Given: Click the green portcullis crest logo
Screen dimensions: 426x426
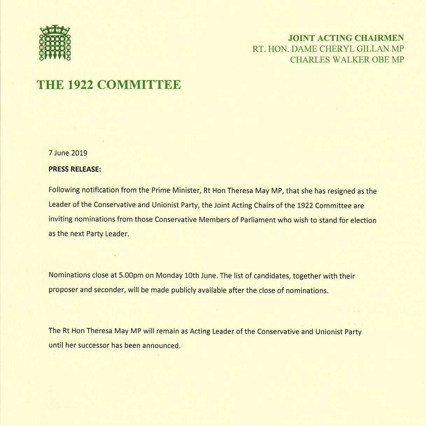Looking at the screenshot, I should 55,43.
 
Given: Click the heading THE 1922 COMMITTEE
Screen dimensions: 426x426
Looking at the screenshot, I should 109,85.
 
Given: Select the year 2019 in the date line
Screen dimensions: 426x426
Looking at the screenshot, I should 79,153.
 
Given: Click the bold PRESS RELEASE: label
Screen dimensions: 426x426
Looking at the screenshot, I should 75,169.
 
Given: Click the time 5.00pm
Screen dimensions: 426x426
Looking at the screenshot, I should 131,275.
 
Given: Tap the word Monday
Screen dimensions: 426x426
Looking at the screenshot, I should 169,275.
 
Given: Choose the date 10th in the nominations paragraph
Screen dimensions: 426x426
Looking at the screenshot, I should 191,275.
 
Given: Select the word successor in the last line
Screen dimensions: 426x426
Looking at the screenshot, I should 94,345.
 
